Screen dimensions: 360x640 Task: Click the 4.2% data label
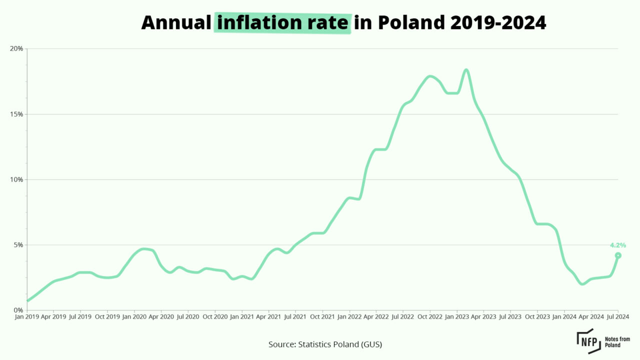(617, 245)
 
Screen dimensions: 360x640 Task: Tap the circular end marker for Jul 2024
(618, 255)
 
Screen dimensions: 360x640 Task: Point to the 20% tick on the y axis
(17, 48)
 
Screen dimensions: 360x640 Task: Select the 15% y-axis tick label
(17, 114)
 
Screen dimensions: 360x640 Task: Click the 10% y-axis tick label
(17, 179)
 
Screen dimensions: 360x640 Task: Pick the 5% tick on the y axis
(18, 245)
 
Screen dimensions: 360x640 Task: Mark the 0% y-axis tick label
(18, 310)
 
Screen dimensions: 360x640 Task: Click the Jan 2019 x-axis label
(26, 316)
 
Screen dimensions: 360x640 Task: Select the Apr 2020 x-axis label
(161, 316)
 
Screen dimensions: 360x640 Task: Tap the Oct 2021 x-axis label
(322, 316)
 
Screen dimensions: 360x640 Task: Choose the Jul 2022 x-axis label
(402, 316)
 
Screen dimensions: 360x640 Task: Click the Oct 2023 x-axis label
(537, 316)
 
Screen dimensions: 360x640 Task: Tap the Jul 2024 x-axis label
(617, 316)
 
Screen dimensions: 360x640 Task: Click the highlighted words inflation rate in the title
(282, 22)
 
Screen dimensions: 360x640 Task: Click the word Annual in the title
(176, 22)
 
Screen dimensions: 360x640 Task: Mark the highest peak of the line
(466, 69)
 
